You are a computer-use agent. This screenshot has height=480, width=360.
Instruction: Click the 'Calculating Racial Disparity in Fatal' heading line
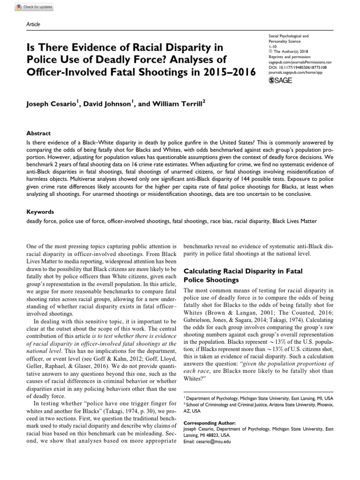click(x=243, y=271)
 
